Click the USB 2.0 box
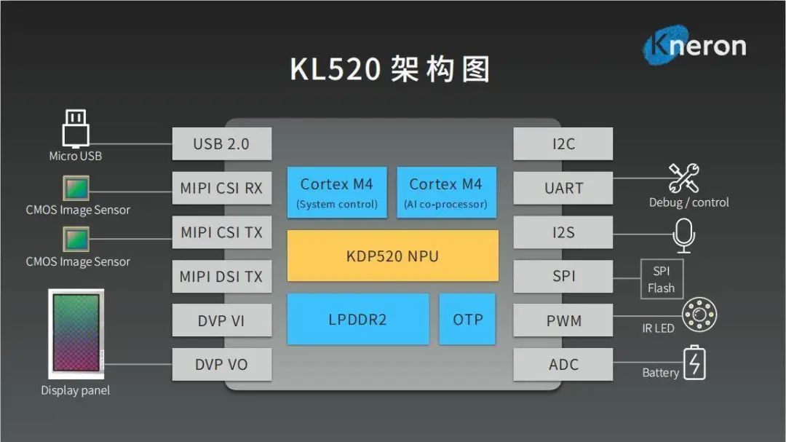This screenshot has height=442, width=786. (x=221, y=144)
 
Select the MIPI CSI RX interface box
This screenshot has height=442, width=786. (x=221, y=189)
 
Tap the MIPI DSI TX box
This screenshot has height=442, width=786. (x=221, y=277)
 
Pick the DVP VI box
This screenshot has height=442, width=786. (x=221, y=320)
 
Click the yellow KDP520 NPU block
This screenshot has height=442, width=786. (x=393, y=256)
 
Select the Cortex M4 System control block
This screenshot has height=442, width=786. (x=336, y=192)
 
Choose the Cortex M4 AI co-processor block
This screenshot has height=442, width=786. (x=446, y=192)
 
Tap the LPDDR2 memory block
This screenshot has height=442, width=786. (x=357, y=319)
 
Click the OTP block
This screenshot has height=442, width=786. (x=467, y=319)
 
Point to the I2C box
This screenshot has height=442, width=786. (x=563, y=144)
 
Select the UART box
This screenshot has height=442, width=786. (x=563, y=188)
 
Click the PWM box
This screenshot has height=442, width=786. (x=563, y=320)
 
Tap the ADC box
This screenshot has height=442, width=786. (x=563, y=364)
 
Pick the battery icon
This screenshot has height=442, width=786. (x=694, y=363)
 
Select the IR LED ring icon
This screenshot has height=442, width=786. (x=699, y=315)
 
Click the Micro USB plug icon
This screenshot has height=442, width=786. (x=75, y=129)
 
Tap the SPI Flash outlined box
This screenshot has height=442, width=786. (x=661, y=279)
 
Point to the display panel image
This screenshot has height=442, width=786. (x=76, y=334)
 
